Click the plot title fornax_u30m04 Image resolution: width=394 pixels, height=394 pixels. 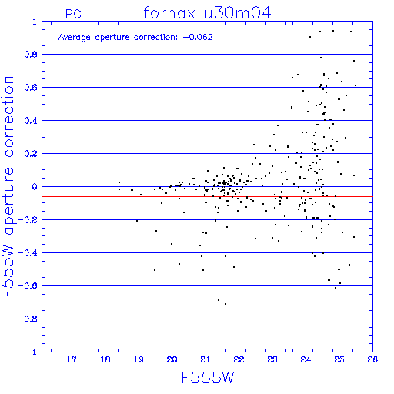[x=207, y=13]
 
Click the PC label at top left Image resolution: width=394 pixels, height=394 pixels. [x=73, y=14]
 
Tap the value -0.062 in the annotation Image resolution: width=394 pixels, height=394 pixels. [x=198, y=37]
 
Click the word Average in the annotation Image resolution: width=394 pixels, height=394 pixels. [x=75, y=38]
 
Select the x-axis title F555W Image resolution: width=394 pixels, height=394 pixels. [x=208, y=378]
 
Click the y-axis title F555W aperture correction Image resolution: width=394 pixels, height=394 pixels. [x=8, y=186]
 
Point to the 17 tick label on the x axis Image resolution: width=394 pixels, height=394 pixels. [x=72, y=359]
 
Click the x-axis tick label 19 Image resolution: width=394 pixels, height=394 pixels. [x=139, y=359]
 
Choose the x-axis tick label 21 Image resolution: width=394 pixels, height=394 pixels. [x=205, y=359]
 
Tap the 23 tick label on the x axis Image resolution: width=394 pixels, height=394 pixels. [x=272, y=359]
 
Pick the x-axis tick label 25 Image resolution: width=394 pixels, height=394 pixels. [x=339, y=359]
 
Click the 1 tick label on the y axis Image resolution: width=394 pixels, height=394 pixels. [x=35, y=22]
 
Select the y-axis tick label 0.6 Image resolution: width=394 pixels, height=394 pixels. [x=31, y=88]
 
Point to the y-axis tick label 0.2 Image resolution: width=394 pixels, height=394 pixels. [x=31, y=154]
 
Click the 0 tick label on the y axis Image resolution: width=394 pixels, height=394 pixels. [x=35, y=187]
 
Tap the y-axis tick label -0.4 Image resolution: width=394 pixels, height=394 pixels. [x=28, y=253]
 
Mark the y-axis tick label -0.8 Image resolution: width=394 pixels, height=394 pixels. [x=28, y=319]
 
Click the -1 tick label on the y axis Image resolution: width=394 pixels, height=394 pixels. [x=31, y=352]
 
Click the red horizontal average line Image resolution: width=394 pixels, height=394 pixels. [x=207, y=196]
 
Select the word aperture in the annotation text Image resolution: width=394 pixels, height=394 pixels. [x=112, y=38]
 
